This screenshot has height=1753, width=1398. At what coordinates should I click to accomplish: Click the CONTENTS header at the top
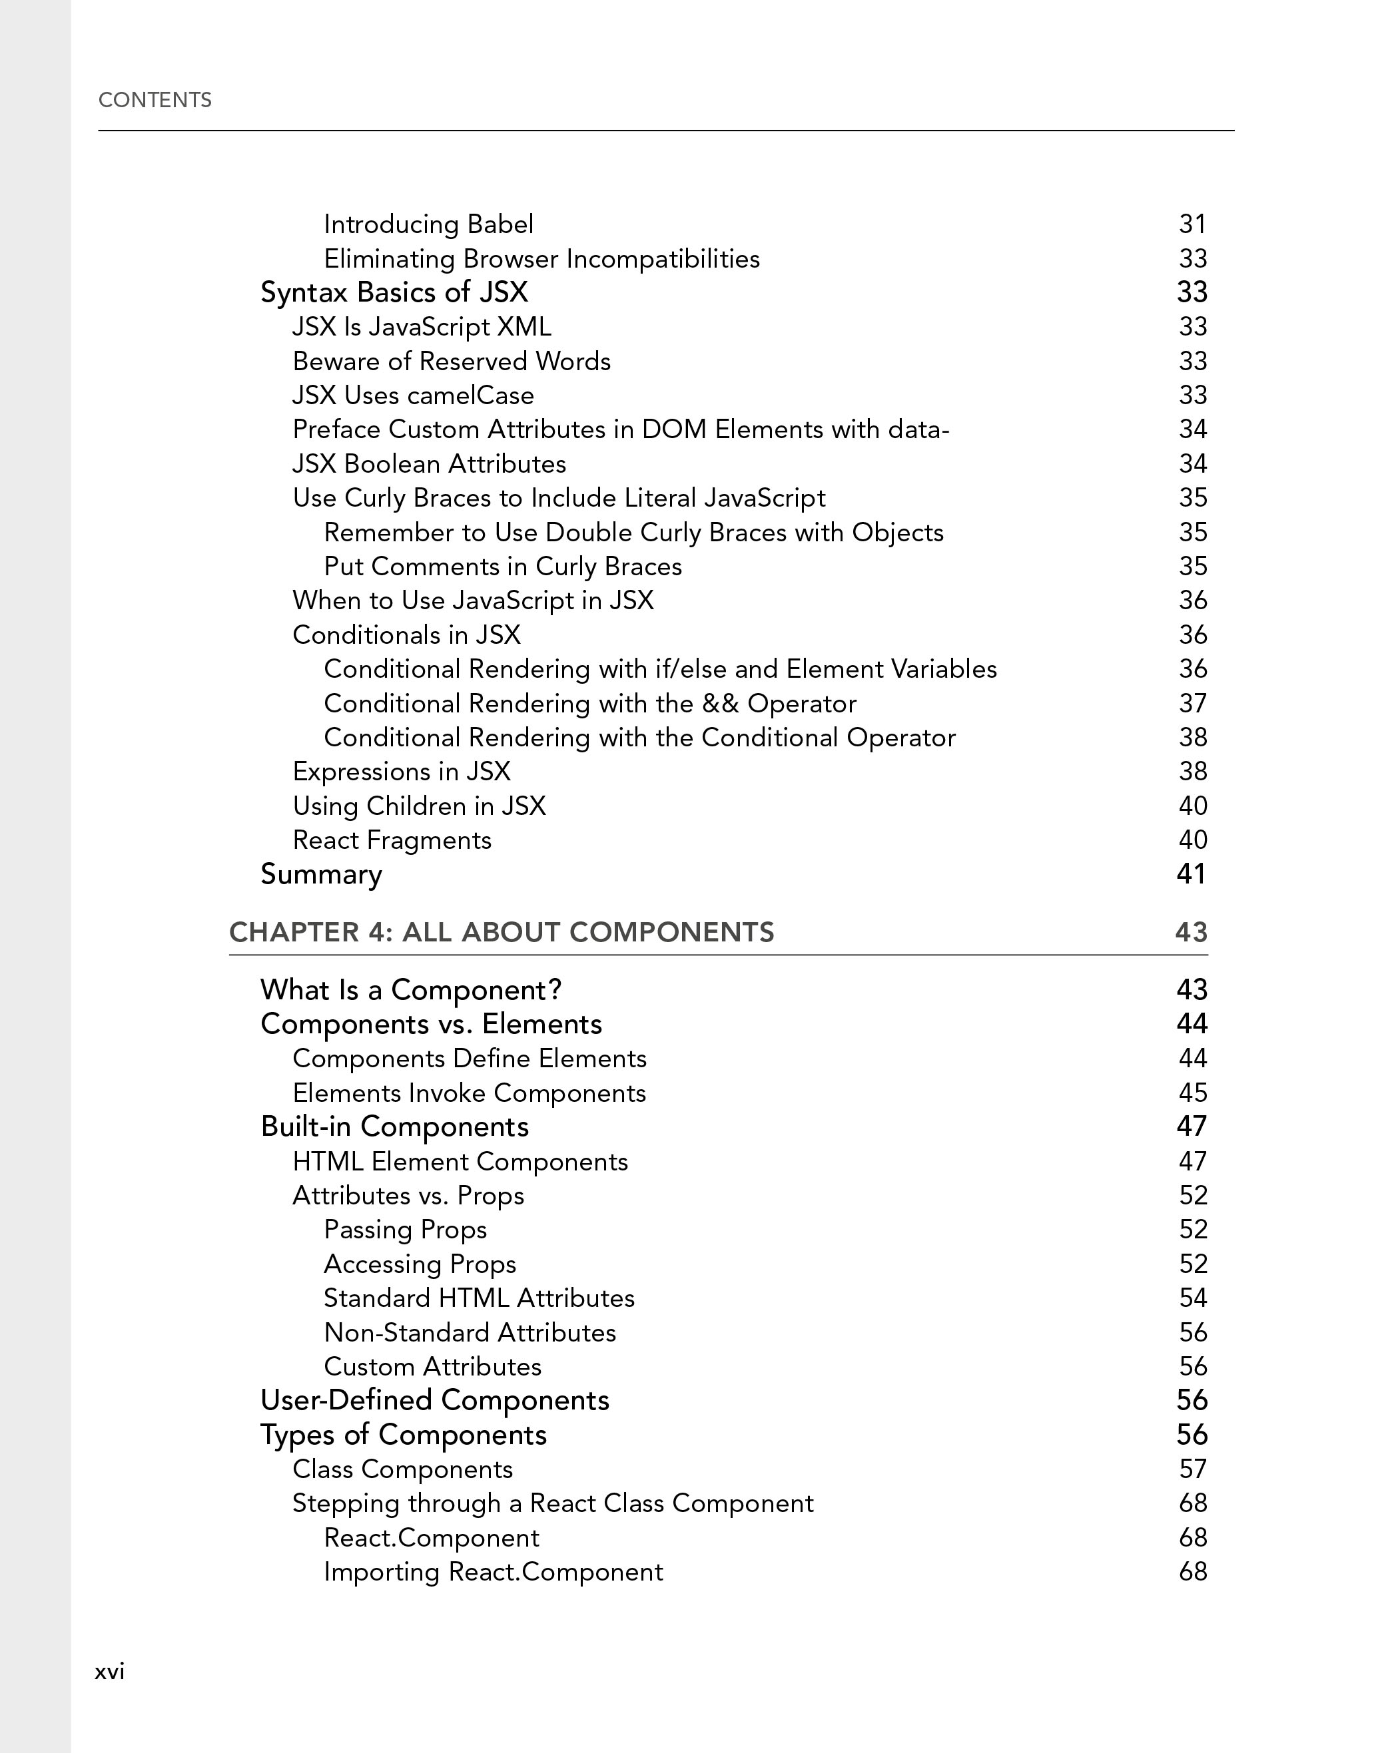click(155, 100)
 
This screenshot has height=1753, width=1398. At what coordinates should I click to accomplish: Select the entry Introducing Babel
click(428, 224)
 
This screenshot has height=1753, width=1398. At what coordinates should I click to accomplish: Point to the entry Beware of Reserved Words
click(452, 361)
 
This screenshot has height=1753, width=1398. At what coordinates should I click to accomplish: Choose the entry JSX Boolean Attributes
click(428, 463)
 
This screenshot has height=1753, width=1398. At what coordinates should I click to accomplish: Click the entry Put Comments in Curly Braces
click(503, 566)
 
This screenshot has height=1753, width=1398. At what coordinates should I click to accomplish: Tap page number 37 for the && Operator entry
click(1192, 703)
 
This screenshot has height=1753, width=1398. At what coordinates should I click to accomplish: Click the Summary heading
click(320, 874)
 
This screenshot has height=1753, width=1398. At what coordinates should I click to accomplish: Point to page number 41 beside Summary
click(1191, 874)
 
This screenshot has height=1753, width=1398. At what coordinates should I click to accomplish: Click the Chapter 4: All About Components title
click(501, 932)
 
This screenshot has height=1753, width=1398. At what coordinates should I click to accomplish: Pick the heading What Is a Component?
click(411, 989)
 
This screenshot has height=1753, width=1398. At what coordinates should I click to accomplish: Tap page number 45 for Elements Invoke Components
click(1192, 1093)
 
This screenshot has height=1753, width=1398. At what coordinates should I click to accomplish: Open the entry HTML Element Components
click(460, 1162)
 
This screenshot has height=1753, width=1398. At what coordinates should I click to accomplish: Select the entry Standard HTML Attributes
click(479, 1298)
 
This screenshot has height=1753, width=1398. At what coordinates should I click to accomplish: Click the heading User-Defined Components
click(434, 1401)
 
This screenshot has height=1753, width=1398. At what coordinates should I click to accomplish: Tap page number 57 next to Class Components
click(1192, 1469)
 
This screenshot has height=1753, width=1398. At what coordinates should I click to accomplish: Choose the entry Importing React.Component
click(493, 1572)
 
